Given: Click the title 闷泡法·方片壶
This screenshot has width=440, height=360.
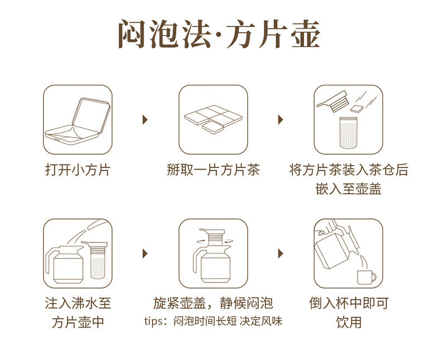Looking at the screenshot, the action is pos(219,34).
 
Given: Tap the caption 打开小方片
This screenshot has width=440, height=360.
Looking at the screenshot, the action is pos(78,170).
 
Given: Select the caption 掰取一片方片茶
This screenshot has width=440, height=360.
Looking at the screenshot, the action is pos(213,170).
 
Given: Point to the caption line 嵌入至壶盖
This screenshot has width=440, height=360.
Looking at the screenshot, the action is pos(348,189).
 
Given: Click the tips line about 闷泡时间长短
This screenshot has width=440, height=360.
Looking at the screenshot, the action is pos(213,321).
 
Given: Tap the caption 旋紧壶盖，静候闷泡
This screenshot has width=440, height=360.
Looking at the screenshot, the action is pos(213,303).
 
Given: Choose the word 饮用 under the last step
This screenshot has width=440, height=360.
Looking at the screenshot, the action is pos(349,322).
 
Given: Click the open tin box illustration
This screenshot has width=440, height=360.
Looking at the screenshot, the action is pos(78,121).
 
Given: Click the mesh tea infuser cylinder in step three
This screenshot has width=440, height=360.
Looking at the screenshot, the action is pos(348,133).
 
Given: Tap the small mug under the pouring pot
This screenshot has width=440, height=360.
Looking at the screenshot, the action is pos(366,277).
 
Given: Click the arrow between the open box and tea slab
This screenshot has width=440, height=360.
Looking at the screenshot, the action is pos(145,120).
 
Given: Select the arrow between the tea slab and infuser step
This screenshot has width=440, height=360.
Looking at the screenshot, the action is pos(280,120).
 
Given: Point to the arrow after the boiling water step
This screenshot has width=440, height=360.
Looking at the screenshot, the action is pos(145,254).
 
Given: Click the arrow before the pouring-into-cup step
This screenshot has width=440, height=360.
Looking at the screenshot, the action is pos(280,254).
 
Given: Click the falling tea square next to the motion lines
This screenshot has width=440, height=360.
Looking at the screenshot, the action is pos(357,109).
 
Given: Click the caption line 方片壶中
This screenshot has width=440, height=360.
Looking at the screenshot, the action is pos(78,322).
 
